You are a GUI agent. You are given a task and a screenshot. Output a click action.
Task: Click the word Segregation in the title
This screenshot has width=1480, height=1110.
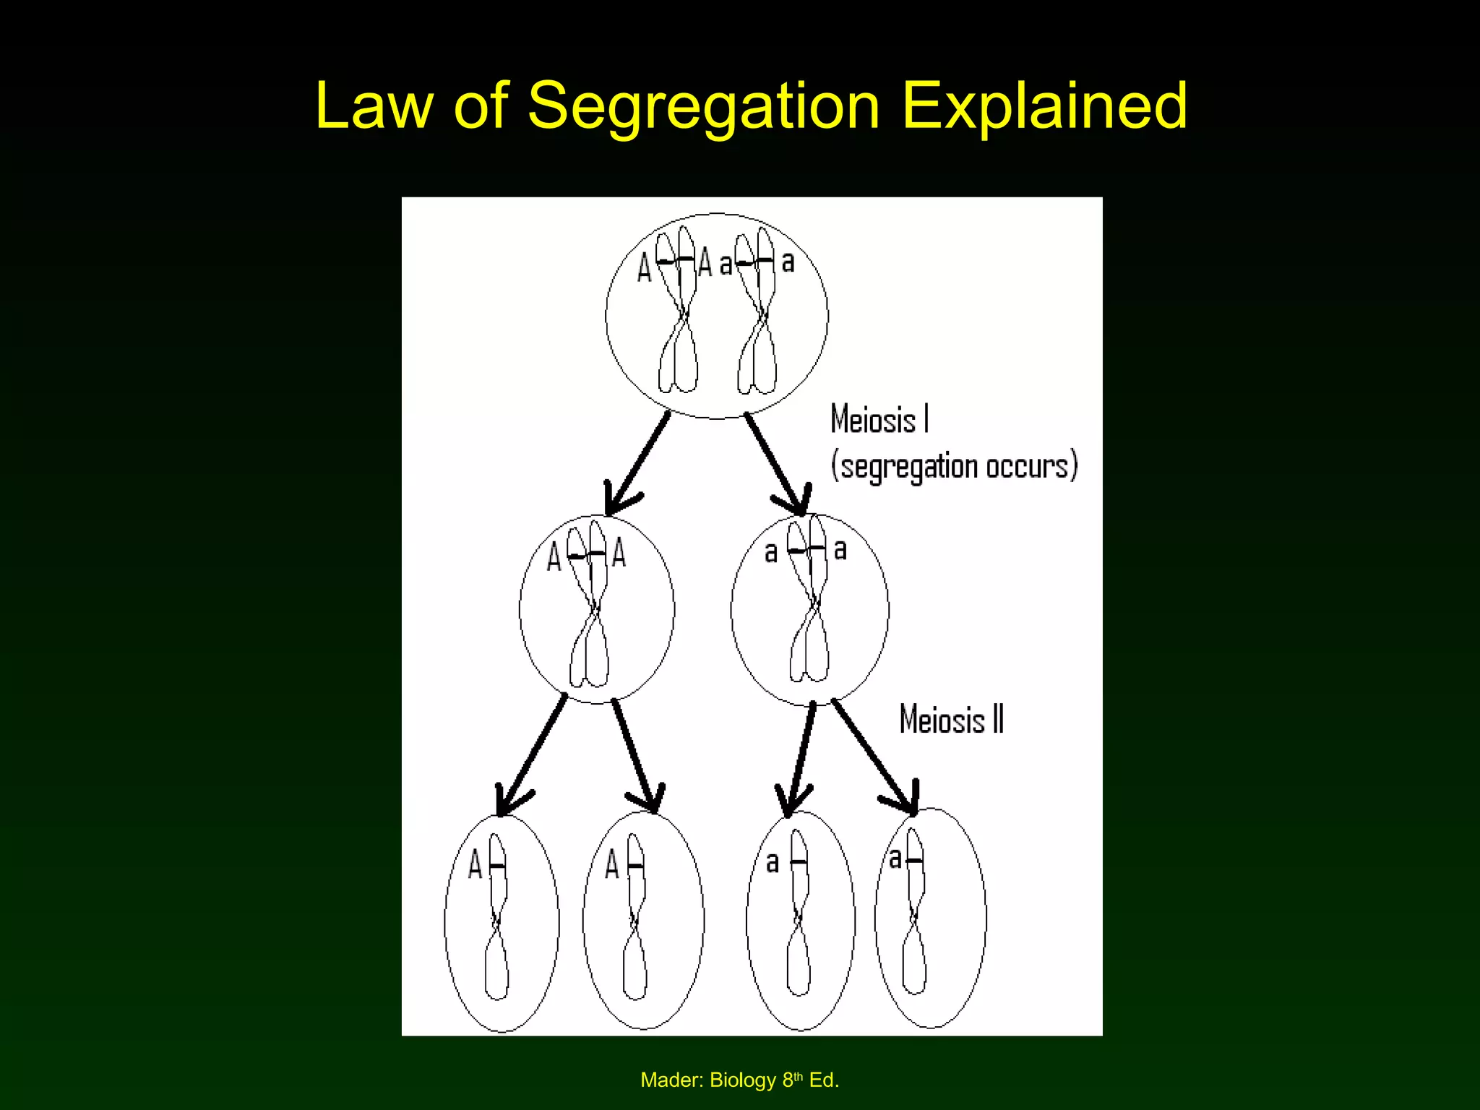tap(703, 107)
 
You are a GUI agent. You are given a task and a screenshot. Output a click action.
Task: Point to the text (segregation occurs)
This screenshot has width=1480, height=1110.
tap(954, 466)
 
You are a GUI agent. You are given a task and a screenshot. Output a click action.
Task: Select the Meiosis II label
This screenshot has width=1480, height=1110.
tap(951, 719)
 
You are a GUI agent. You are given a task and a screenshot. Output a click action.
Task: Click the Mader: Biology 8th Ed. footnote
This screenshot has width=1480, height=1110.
tap(739, 1080)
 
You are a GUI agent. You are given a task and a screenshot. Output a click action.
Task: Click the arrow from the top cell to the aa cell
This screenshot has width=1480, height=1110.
tap(777, 462)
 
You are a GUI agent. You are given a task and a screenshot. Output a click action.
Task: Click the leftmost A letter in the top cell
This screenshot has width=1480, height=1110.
tap(645, 268)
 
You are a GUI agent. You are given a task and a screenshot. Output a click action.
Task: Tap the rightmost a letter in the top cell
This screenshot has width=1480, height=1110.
tap(788, 261)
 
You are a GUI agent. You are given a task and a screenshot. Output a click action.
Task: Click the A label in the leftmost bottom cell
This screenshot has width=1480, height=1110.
tap(475, 864)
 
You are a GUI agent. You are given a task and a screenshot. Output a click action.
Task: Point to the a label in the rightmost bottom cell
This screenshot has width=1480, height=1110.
tap(895, 859)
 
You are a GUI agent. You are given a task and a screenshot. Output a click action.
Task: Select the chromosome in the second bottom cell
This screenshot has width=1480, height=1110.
tap(635, 918)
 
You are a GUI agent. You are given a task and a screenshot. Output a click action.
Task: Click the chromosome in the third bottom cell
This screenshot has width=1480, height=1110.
tap(799, 914)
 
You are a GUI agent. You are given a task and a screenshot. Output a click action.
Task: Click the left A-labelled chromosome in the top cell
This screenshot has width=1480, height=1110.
tap(678, 311)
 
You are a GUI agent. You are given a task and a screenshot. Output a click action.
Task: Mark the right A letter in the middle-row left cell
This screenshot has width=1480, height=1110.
tap(619, 554)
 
